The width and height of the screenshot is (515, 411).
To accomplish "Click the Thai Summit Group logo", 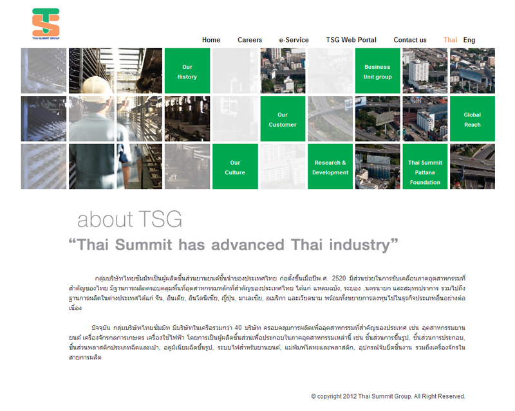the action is (x=46, y=24).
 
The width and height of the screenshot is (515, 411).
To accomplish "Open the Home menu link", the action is (x=211, y=40).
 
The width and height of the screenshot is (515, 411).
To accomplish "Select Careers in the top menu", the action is (x=250, y=40).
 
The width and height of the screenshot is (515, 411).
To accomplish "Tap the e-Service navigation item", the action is (x=294, y=40).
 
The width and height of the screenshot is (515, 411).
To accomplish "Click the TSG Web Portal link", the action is (x=351, y=40).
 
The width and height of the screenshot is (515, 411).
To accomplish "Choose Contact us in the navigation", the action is (x=410, y=40).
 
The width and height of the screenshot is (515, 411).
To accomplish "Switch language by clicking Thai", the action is (x=450, y=40).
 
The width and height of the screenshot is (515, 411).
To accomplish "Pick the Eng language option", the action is (x=469, y=40).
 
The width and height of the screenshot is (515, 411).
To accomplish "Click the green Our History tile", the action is (x=187, y=71).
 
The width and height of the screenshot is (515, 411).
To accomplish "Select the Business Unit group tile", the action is (x=378, y=71).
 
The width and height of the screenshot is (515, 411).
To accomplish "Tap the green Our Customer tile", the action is (x=283, y=119).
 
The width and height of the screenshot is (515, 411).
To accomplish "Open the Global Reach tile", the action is (x=473, y=119).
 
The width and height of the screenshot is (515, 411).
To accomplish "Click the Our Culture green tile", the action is (x=235, y=167).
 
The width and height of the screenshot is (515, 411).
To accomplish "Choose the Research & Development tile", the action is (x=330, y=167).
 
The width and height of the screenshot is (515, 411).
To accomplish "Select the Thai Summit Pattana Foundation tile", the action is (x=425, y=167).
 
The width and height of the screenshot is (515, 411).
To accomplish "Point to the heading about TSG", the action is (x=130, y=219).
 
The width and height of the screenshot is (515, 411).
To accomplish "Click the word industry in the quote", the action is (x=360, y=245).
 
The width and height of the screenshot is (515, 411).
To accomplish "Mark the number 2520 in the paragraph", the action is (x=339, y=279).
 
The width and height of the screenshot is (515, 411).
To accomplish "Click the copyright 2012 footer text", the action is (x=388, y=396).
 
